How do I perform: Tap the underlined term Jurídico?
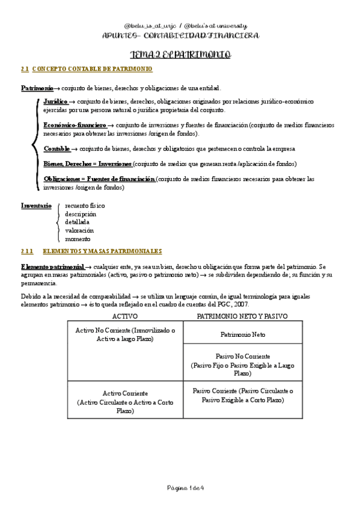(x=55, y=102)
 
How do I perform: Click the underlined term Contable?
(x=57, y=149)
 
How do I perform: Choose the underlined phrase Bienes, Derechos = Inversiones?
(x=88, y=164)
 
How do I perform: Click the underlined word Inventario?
(x=36, y=205)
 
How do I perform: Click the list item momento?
(x=78, y=239)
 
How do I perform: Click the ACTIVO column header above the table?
(x=125, y=316)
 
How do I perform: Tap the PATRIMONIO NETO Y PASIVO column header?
(x=242, y=316)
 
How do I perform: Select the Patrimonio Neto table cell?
(x=242, y=334)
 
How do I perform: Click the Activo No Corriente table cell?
(x=125, y=335)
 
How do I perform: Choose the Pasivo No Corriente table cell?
(x=242, y=364)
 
